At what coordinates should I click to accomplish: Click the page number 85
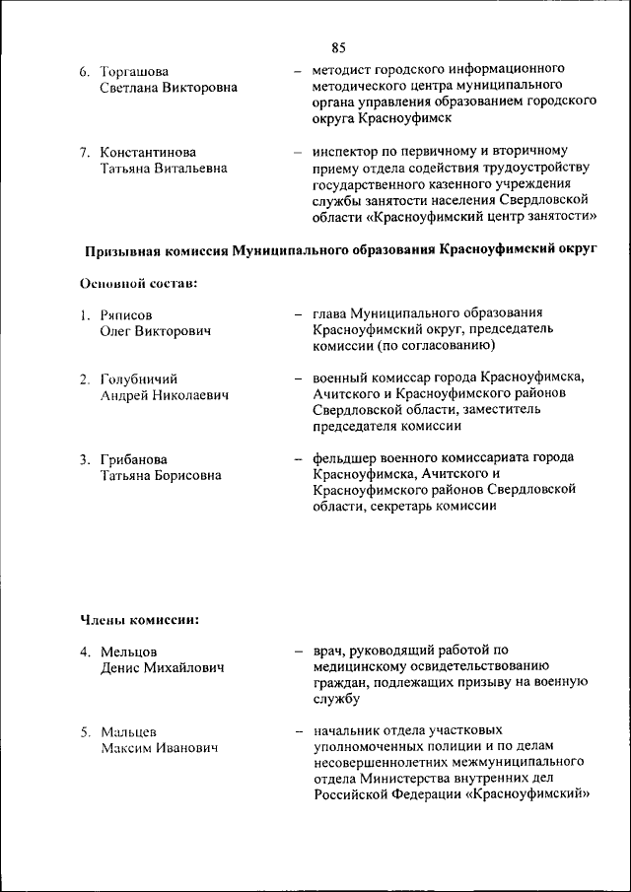(x=338, y=47)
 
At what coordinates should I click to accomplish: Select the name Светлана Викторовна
(x=168, y=88)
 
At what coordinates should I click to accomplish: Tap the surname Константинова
(x=148, y=152)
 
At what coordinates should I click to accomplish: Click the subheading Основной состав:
(x=139, y=283)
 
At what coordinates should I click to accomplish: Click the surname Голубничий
(x=139, y=378)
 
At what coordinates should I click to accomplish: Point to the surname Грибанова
(x=134, y=459)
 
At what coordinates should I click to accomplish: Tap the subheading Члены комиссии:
(x=140, y=620)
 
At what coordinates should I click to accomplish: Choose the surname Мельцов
(x=129, y=652)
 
